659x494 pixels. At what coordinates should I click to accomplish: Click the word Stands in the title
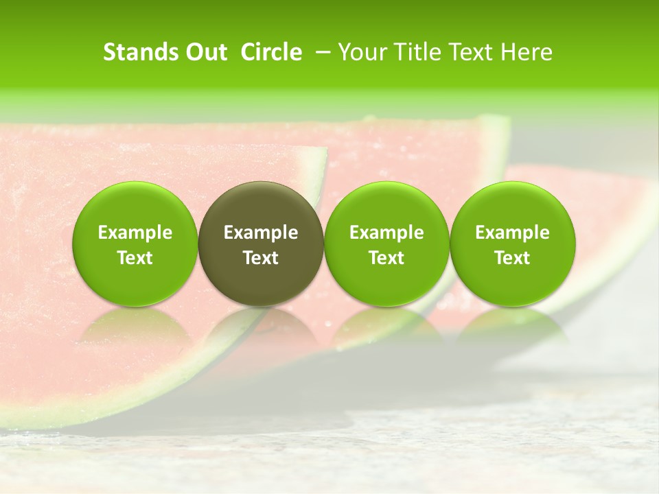(x=139, y=52)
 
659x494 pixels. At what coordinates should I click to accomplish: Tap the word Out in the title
(x=205, y=52)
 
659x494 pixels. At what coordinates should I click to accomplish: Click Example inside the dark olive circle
(x=261, y=233)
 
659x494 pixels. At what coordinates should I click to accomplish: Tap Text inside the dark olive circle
(x=261, y=258)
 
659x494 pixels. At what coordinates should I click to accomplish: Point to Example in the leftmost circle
(x=135, y=233)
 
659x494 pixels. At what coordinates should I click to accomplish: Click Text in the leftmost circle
(x=135, y=258)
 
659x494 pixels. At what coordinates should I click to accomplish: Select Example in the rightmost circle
(x=513, y=233)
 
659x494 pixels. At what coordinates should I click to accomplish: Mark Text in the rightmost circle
(x=513, y=258)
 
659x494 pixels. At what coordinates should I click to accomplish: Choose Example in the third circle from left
(x=386, y=233)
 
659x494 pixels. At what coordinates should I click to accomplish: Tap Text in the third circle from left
(x=386, y=258)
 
